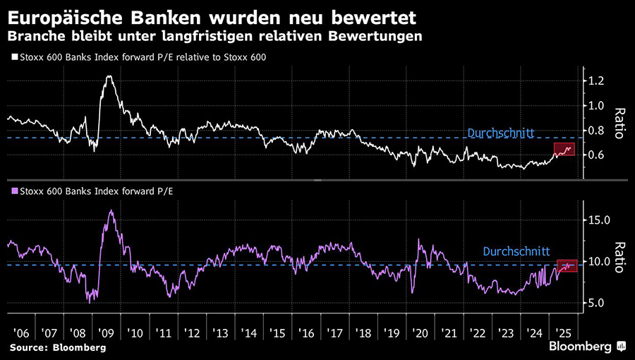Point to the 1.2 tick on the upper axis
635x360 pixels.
point(595,81)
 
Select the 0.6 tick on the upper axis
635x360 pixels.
point(595,155)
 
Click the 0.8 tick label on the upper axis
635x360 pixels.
point(595,131)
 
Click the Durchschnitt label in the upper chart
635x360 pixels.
point(501,132)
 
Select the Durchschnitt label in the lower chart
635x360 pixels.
point(517,251)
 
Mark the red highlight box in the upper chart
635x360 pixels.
point(564,150)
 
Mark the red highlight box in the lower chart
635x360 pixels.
point(567,266)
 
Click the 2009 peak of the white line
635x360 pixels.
point(109,76)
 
